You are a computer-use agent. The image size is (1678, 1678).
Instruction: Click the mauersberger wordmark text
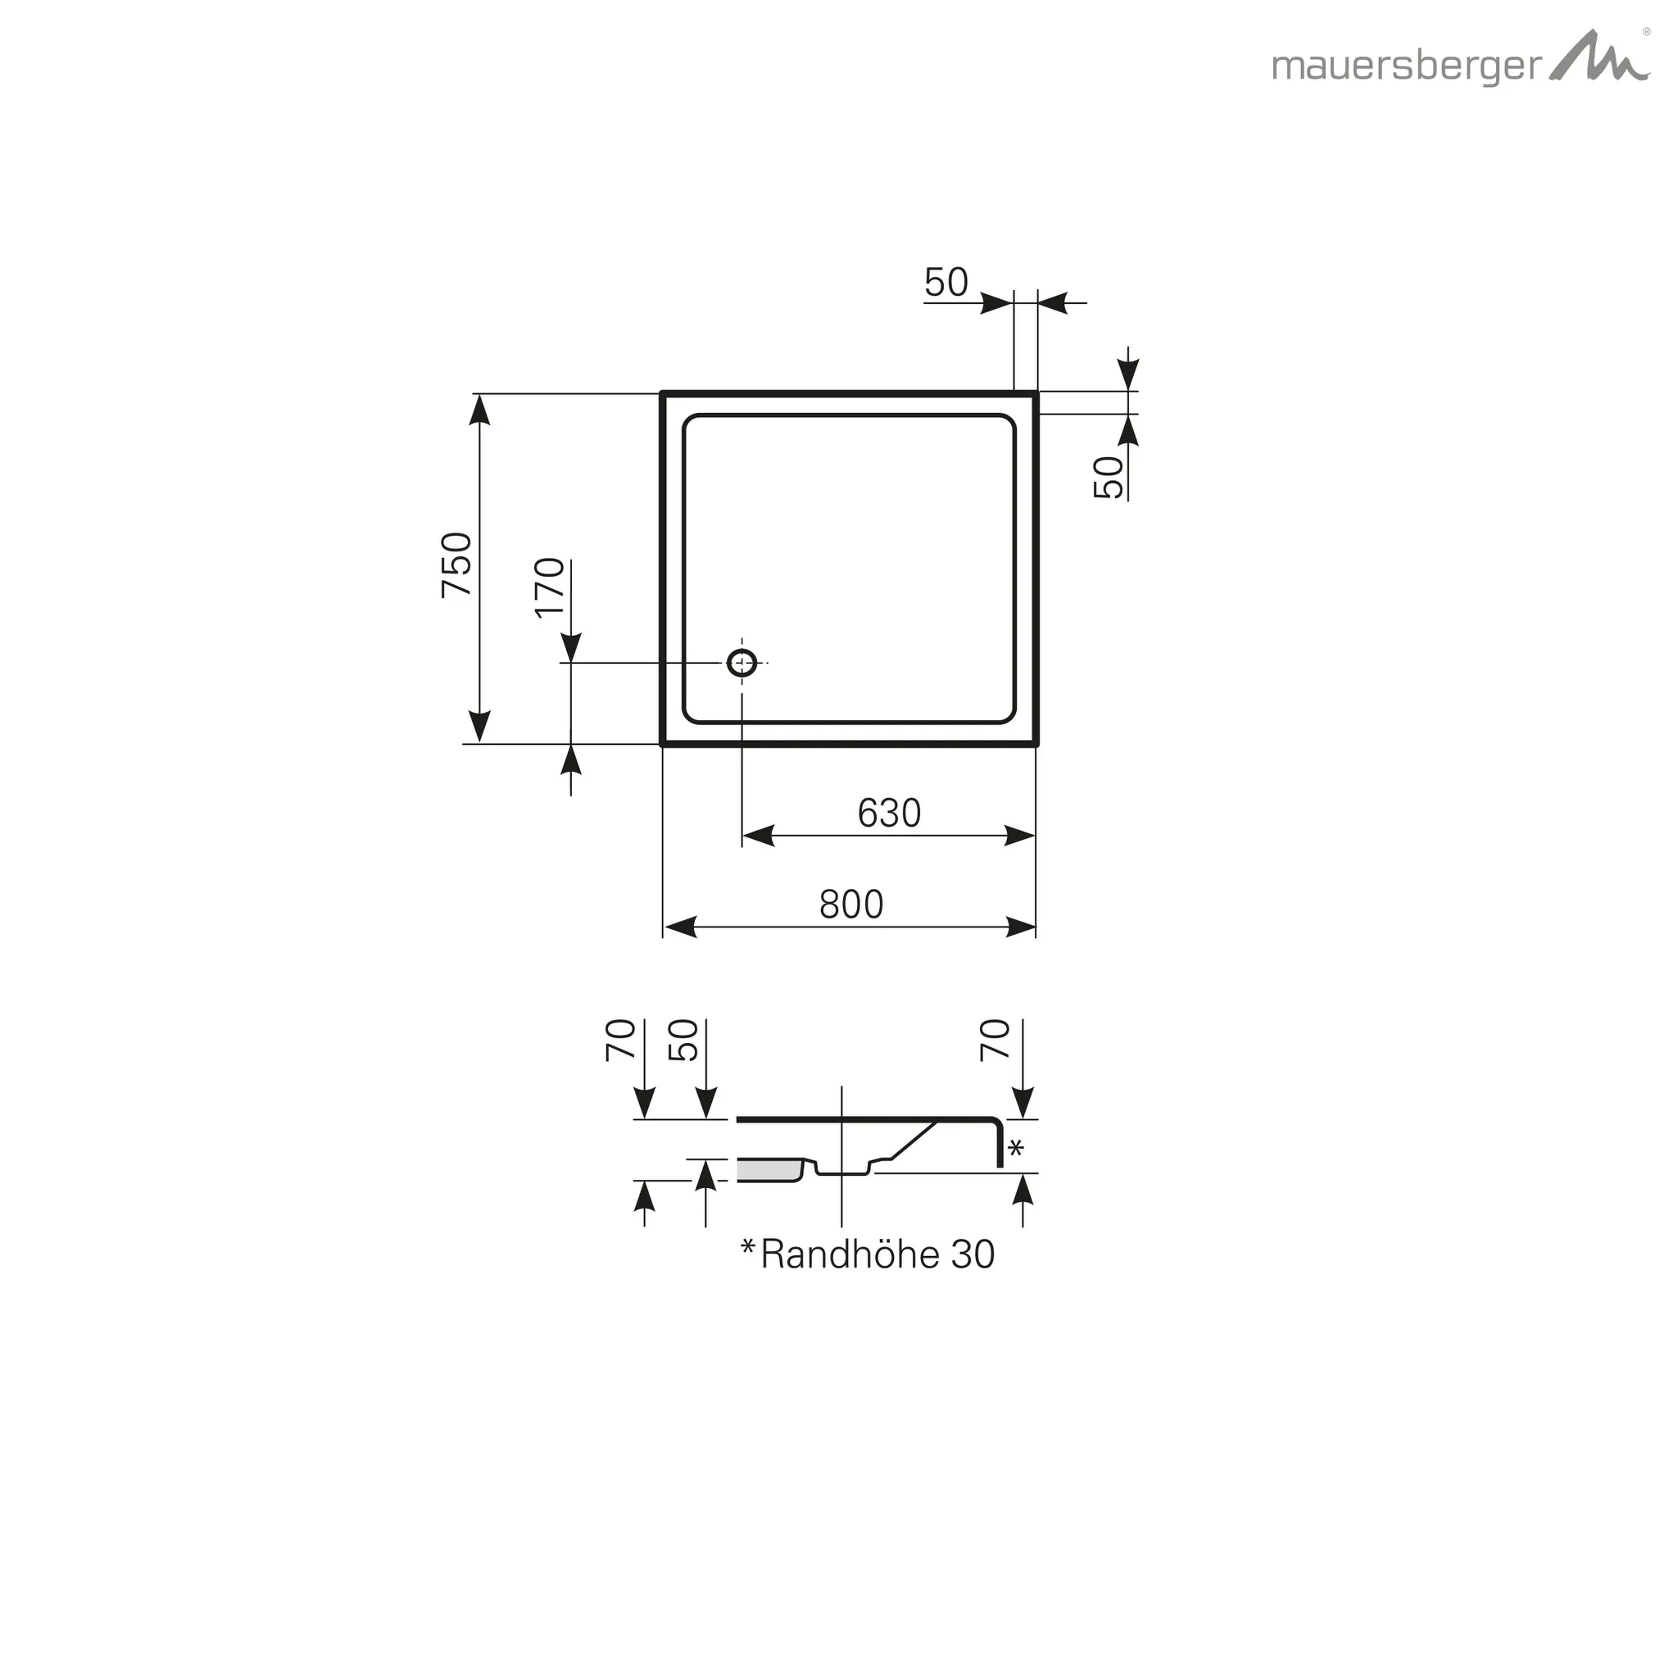1406,68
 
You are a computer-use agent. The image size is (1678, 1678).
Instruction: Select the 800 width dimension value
851,905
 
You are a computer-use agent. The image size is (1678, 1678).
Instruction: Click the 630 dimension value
888,814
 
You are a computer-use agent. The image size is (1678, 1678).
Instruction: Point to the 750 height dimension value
458,564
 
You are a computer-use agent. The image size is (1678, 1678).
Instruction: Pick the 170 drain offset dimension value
551,588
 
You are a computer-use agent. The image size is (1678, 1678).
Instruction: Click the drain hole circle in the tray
741,663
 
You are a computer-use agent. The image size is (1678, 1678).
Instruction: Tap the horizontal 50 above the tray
946,283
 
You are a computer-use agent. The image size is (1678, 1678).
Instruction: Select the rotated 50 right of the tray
1109,477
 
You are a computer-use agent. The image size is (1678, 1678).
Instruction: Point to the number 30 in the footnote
973,1255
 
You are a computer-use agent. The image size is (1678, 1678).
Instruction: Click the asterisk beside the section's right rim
1015,1148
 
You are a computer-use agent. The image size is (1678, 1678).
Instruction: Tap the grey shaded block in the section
768,1170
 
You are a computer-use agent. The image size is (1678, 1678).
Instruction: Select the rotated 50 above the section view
684,1040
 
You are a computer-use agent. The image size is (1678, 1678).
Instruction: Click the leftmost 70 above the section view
621,1040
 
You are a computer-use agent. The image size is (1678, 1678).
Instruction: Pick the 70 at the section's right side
995,1040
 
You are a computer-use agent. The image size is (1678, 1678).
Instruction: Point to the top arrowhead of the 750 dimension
479,409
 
